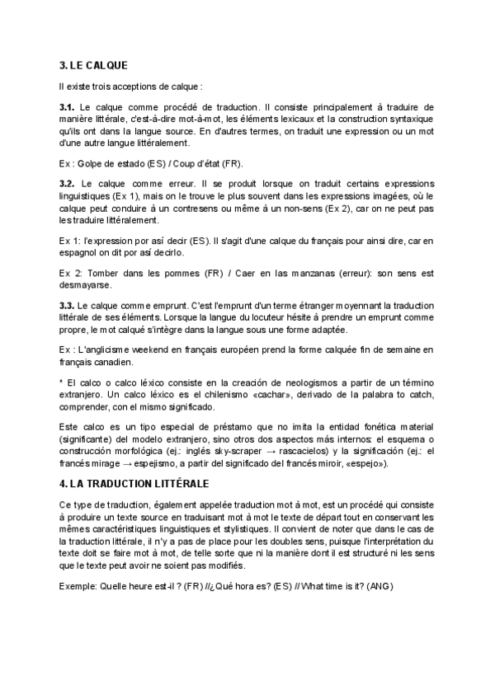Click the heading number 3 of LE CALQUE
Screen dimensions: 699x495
pyautogui.click(x=63, y=66)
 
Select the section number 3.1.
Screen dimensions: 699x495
pyautogui.click(x=68, y=108)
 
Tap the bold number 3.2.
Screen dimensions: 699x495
pyautogui.click(x=68, y=183)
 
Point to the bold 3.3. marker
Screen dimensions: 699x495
pyautogui.click(x=68, y=305)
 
